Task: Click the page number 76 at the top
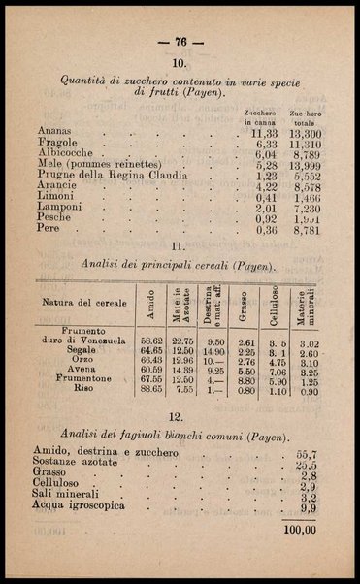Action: [180, 42]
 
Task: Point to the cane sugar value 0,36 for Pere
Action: [265, 230]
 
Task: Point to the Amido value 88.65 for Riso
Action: [150, 390]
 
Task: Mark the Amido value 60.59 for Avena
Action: [150, 370]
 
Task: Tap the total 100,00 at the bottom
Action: [298, 529]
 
